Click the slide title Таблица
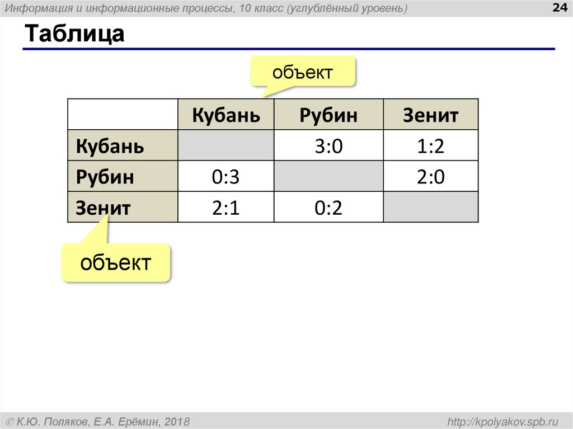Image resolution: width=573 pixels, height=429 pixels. (x=73, y=34)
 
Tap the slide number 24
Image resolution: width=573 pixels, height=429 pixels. (x=558, y=8)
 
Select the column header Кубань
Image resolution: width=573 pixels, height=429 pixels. (x=226, y=115)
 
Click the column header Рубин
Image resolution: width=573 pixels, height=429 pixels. (x=328, y=115)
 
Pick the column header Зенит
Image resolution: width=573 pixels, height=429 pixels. (x=431, y=115)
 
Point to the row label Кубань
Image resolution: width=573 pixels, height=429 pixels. (x=110, y=146)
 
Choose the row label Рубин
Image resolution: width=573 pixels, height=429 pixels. (x=105, y=177)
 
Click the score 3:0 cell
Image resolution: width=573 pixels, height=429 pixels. (x=328, y=146)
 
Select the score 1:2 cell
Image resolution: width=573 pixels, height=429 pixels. (x=431, y=146)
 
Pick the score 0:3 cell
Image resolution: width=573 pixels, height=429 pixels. (x=226, y=177)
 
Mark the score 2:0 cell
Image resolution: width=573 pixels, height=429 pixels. (x=431, y=177)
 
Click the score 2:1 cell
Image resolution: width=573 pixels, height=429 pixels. (x=226, y=208)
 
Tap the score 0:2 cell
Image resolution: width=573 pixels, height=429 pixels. (x=328, y=208)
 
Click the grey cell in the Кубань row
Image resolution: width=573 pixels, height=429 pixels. (x=226, y=146)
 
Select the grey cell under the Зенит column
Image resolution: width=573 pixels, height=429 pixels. (x=431, y=208)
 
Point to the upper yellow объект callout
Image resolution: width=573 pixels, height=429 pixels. (x=303, y=72)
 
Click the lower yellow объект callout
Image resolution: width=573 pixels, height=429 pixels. (x=115, y=262)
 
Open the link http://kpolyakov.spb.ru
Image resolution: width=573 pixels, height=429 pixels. (x=500, y=421)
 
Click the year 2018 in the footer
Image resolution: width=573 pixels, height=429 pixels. (x=177, y=421)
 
